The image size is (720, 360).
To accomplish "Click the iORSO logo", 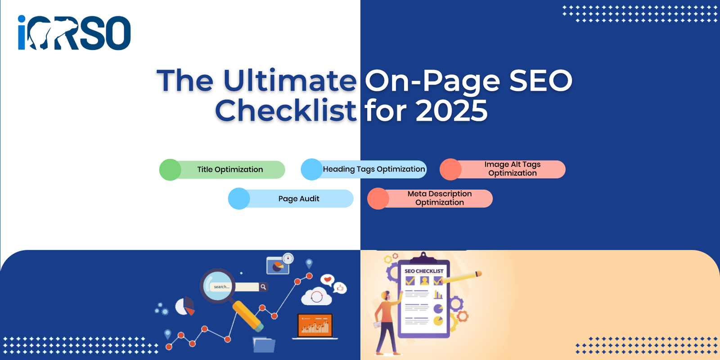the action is click(74, 32).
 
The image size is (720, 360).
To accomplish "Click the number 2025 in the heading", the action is click(452, 111).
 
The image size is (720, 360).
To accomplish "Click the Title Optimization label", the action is click(230, 169).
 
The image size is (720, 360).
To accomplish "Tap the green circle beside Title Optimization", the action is click(171, 170).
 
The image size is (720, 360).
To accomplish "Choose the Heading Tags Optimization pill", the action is click(364, 169).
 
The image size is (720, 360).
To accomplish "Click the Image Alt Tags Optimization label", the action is click(513, 169).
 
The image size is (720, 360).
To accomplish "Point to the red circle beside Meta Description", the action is click(378, 198).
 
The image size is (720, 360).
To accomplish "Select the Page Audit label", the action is click(299, 198).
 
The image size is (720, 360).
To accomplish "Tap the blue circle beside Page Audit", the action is click(239, 198).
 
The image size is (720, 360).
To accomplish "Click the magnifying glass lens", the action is click(218, 286).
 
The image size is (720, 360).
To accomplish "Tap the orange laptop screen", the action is click(315, 325).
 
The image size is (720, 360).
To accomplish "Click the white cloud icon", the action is click(316, 297).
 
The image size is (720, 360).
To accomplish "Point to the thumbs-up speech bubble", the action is click(340, 288).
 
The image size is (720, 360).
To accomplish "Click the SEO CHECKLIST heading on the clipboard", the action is click(424, 271).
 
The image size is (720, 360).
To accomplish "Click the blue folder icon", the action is click(264, 345).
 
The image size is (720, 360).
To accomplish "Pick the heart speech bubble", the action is click(328, 280).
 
